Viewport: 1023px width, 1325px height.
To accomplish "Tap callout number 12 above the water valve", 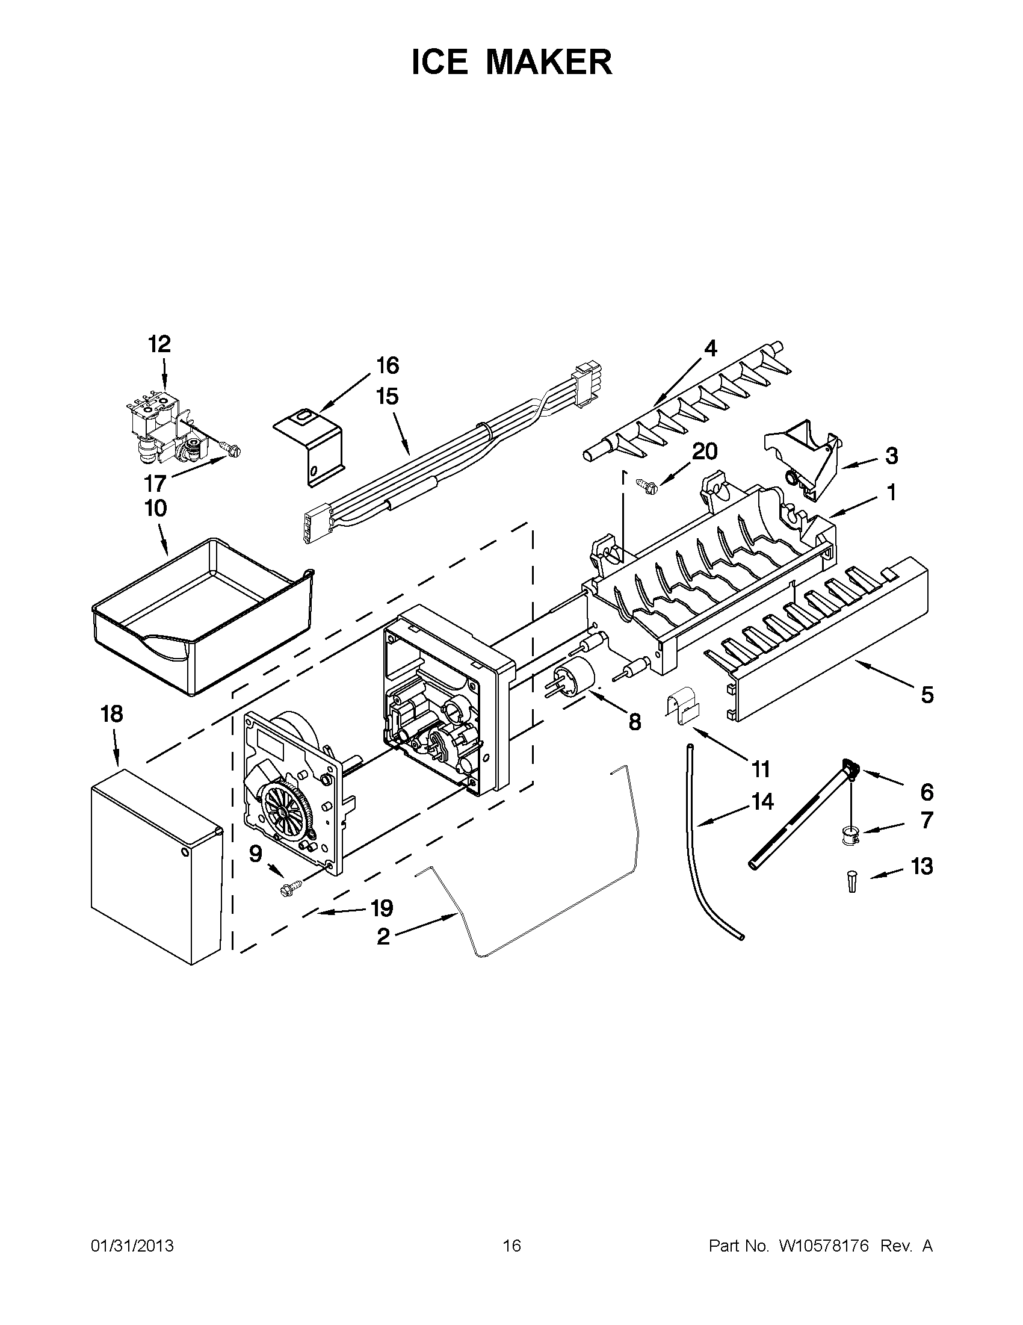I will tap(159, 344).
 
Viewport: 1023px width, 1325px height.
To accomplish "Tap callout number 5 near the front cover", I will tap(927, 695).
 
